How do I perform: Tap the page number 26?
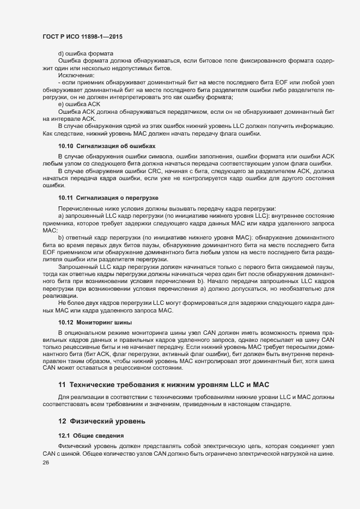(x=46, y=462)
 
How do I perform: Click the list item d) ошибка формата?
(x=86, y=53)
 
